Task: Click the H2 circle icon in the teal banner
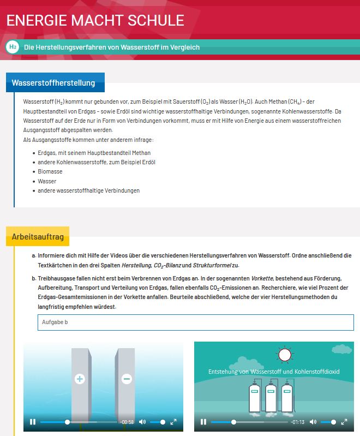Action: [12, 47]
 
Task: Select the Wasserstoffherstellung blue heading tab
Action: [53, 83]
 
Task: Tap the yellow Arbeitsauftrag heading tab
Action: [38, 237]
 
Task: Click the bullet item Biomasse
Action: [50, 171]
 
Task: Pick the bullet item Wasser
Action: [47, 181]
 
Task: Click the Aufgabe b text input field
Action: [195, 322]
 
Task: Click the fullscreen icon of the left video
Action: [173, 422]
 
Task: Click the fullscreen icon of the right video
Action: [345, 422]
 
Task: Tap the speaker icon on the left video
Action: [142, 422]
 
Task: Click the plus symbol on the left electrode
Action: [80, 379]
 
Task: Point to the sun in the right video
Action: [284, 356]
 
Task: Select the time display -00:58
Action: [127, 422]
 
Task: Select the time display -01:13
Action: [298, 422]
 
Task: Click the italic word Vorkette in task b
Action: [262, 278]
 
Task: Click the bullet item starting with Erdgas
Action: [94, 153]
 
